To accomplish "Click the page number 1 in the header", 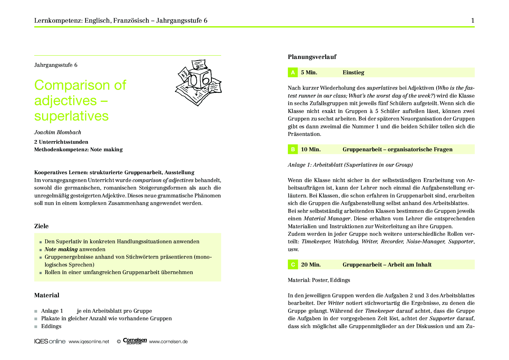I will pos(473,20).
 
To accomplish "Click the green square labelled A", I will pos(293,72).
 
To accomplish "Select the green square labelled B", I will pos(293,149).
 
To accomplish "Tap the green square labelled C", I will pos(293,264).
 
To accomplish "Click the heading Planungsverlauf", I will pos(312,57).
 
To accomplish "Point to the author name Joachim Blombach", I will pos(58,132).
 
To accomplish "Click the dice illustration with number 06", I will pos(198,82).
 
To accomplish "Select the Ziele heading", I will pos(41,226).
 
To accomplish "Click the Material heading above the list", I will pos(47,295).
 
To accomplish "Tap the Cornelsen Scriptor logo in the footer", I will pos(135,341).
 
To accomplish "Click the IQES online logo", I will pos(50,341).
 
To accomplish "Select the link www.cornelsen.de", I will pos(168,341).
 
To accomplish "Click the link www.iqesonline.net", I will pos(89,341).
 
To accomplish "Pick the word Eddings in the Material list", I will pos(51,326).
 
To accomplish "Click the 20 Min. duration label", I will pos(311,264).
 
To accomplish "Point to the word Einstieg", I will pos(353,72).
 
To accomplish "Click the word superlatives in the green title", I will pos(71,116).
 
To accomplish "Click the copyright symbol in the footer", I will pos(119,342).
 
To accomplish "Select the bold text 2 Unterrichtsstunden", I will pos(61,142).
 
